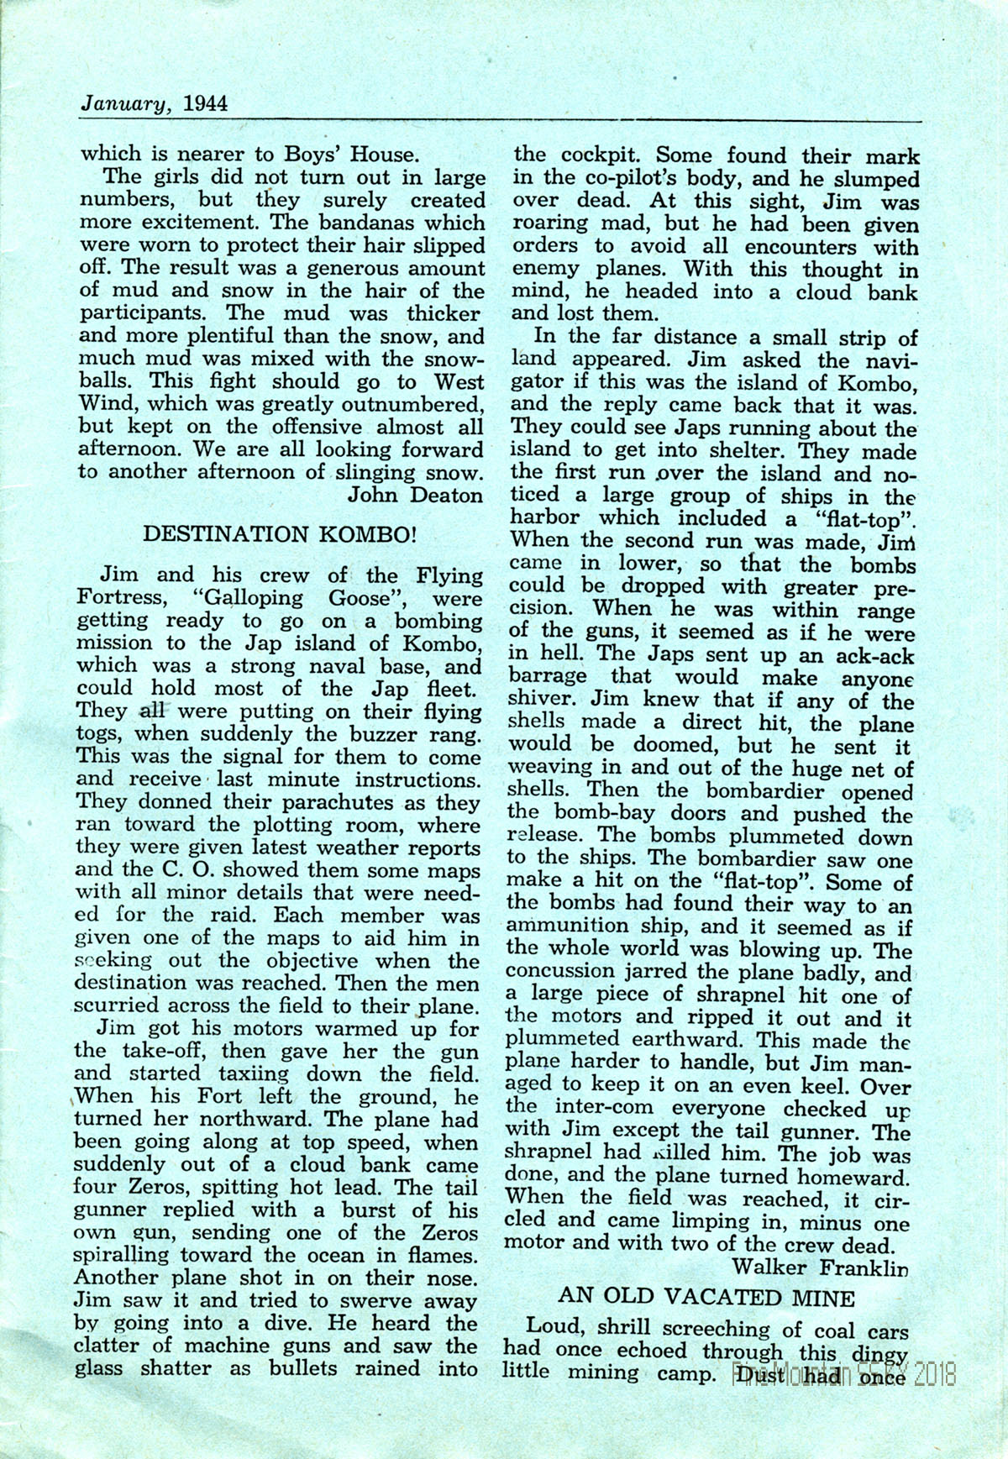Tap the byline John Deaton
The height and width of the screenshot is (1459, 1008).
(417, 494)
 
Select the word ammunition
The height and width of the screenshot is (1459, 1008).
(568, 927)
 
